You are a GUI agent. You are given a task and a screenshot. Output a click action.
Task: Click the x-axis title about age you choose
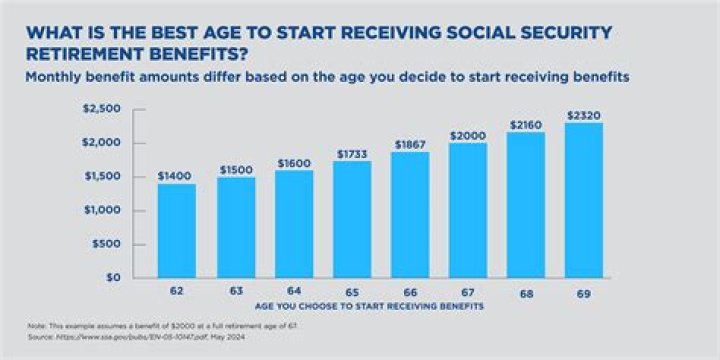370,304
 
